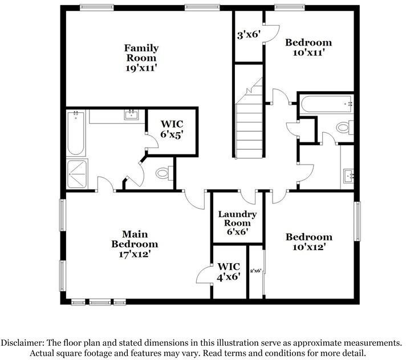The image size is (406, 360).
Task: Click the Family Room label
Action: pyautogui.click(x=141, y=53)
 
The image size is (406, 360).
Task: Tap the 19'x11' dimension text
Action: pyautogui.click(x=141, y=68)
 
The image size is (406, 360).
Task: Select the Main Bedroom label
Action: pyautogui.click(x=135, y=239)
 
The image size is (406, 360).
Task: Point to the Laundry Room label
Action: pyautogui.click(x=237, y=219)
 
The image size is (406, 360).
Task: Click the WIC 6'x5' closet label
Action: pyautogui.click(x=172, y=129)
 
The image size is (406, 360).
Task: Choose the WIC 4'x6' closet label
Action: pyautogui.click(x=229, y=272)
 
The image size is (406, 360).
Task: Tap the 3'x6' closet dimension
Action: pyautogui.click(x=248, y=34)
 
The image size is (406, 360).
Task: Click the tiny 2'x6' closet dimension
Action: pyautogui.click(x=255, y=271)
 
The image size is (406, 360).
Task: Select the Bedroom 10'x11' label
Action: pyautogui.click(x=308, y=47)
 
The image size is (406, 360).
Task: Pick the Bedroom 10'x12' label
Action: pyautogui.click(x=309, y=242)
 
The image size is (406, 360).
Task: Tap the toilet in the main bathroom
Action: pyautogui.click(x=164, y=173)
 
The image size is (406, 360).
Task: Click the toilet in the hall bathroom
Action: pyautogui.click(x=345, y=128)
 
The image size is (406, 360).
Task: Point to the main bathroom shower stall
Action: pyautogui.click(x=77, y=174)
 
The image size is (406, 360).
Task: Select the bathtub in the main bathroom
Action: pyautogui.click(x=76, y=133)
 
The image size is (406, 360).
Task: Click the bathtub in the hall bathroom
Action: pyautogui.click(x=327, y=104)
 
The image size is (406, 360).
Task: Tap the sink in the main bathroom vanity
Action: pyautogui.click(x=131, y=114)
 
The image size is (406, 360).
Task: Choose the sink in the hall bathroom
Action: pyautogui.click(x=348, y=176)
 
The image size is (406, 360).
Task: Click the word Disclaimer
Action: pyautogui.click(x=22, y=343)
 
